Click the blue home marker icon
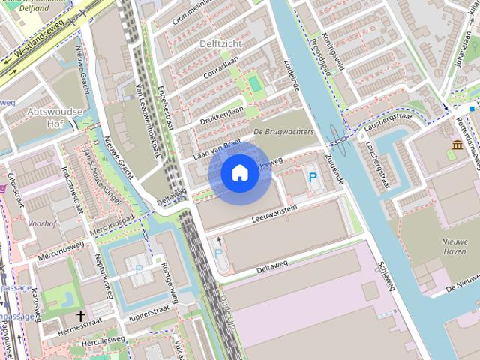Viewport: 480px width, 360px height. click(239, 172)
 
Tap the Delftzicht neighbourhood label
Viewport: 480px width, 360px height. click(220, 44)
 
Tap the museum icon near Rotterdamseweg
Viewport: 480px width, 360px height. click(457, 144)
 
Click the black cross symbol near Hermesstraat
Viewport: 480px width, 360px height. click(80, 316)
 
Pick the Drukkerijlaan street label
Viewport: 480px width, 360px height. click(222, 115)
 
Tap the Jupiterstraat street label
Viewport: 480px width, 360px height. click(149, 310)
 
